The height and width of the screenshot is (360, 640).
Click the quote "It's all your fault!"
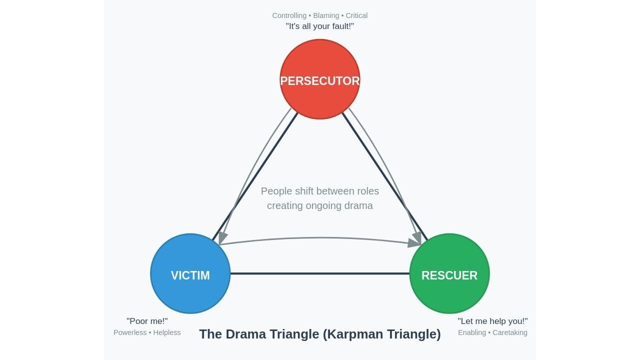click(320, 26)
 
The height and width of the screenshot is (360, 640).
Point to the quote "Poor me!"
click(147, 321)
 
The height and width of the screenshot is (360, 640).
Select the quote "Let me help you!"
click(492, 321)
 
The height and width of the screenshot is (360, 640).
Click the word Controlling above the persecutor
click(289, 15)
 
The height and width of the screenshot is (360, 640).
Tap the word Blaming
click(326, 15)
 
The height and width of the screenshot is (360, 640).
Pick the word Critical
click(356, 15)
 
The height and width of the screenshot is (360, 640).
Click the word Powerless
click(130, 332)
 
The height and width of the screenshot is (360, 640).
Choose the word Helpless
click(167, 332)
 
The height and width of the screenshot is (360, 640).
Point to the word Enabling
click(472, 332)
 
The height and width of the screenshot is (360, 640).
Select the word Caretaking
click(510, 332)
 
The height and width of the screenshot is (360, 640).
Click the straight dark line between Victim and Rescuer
click(320, 273)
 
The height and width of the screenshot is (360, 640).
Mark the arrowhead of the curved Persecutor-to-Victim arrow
click(222, 238)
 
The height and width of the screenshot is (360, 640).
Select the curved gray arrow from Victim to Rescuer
click(320, 238)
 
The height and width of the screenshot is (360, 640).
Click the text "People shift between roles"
click(320, 191)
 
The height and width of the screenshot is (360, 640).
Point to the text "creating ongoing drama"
click(320, 205)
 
